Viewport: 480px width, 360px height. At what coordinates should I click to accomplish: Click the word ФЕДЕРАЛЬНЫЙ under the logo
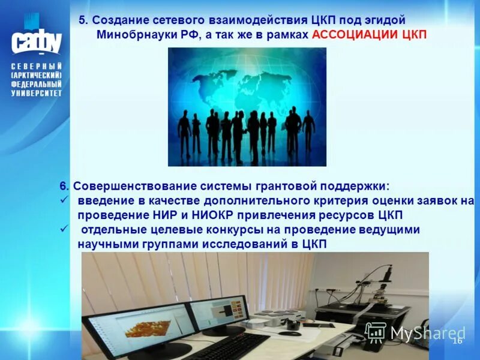[x=36, y=85]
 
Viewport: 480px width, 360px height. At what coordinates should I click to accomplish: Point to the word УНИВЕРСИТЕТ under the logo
[x=36, y=93]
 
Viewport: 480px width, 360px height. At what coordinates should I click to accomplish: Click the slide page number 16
[x=457, y=341]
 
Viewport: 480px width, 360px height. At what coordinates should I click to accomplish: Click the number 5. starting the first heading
[x=83, y=20]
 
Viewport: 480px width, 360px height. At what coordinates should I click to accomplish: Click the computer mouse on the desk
[x=289, y=333]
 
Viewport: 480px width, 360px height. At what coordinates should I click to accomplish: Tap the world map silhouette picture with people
[x=247, y=107]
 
